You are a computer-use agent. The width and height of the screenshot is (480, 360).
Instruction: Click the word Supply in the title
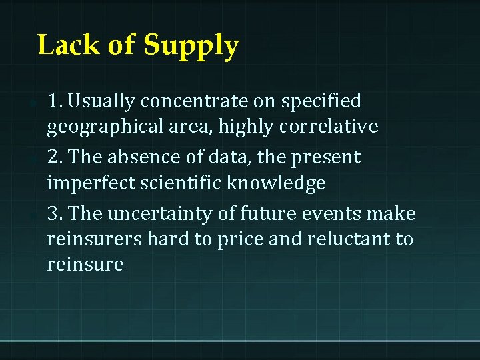point(191,46)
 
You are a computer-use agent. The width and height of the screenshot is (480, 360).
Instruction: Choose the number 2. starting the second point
point(55,157)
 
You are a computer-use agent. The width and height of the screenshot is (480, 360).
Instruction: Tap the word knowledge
point(283,183)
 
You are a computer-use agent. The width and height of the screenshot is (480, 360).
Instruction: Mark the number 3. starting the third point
point(55,213)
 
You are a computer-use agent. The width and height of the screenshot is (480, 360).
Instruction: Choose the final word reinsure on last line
point(85,264)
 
